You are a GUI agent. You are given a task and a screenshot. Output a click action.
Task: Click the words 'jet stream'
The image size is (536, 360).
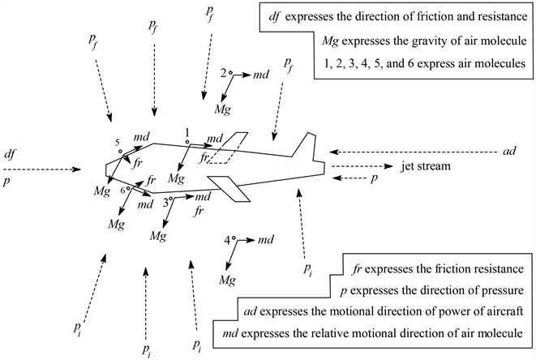coord(427,167)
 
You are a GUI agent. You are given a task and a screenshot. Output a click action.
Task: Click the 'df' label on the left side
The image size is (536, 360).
coord(9,152)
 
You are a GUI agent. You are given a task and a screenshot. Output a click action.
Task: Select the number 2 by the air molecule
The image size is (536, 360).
coord(223,71)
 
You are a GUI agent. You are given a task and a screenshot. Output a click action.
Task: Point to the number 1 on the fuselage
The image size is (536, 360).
coord(187,131)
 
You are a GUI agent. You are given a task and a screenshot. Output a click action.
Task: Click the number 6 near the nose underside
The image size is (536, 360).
coord(121,189)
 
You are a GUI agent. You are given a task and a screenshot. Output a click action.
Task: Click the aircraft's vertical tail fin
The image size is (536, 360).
coord(303,147)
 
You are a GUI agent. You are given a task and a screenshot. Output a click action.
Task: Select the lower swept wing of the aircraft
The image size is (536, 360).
coord(235,190)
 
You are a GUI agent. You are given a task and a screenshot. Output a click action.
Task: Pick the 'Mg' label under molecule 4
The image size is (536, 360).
coord(226,280)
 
